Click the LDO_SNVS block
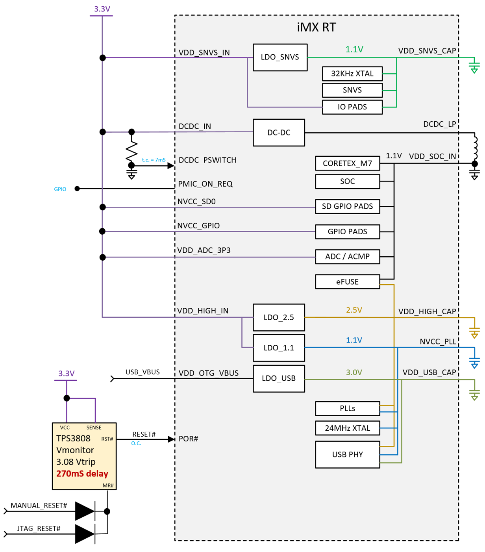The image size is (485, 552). pyautogui.click(x=280, y=57)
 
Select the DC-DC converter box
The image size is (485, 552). pyautogui.click(x=279, y=133)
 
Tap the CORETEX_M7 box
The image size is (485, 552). pyautogui.click(x=347, y=163)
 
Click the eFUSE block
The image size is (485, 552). pyautogui.click(x=347, y=282)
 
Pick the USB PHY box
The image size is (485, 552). pyautogui.click(x=347, y=454)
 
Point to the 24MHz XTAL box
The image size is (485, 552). pyautogui.click(x=347, y=428)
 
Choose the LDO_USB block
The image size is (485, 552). pyautogui.click(x=279, y=378)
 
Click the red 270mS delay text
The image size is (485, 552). pyautogui.click(x=82, y=474)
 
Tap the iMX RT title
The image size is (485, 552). pyautogui.click(x=316, y=27)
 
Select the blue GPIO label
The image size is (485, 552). pyautogui.click(x=60, y=189)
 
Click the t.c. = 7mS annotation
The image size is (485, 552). pyautogui.click(x=154, y=160)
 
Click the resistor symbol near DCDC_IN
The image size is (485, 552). pyautogui.click(x=131, y=149)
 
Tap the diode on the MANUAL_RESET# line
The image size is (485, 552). pyautogui.click(x=85, y=511)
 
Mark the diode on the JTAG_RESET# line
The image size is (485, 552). pyautogui.click(x=85, y=534)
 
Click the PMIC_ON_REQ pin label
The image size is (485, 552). pyautogui.click(x=205, y=184)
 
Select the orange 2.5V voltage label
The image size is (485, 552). pyautogui.click(x=354, y=310)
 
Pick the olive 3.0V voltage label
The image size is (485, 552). pyautogui.click(x=354, y=372)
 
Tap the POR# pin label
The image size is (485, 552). pyautogui.click(x=188, y=439)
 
